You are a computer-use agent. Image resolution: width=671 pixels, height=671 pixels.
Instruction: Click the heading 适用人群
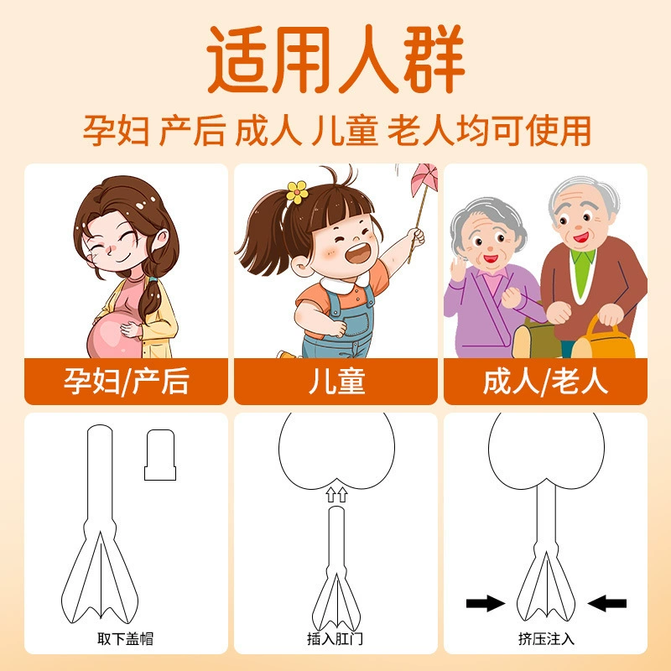(336, 59)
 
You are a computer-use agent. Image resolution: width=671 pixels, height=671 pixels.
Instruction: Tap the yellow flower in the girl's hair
(297, 192)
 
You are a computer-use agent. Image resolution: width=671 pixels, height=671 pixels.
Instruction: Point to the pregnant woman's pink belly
(112, 336)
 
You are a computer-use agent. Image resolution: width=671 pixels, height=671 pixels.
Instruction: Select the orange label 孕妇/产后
(126, 381)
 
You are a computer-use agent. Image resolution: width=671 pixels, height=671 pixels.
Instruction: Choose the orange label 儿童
(336, 381)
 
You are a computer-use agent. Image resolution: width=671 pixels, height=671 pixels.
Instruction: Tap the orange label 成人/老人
(546, 381)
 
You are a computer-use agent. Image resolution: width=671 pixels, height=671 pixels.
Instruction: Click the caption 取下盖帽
(125, 638)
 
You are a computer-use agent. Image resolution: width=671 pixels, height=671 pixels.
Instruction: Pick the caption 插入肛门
(335, 638)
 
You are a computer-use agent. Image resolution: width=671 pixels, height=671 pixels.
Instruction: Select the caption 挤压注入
(546, 638)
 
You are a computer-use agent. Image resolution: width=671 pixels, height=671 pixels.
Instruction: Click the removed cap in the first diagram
(160, 455)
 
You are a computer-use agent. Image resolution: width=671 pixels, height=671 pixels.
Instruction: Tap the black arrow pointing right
(486, 603)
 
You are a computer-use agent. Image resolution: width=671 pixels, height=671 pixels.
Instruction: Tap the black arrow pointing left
(606, 603)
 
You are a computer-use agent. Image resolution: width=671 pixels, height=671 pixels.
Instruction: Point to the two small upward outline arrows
(336, 494)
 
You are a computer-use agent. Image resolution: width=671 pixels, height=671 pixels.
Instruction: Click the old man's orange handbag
(604, 338)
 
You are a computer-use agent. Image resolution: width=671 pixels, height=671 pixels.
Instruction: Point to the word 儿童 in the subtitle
(345, 131)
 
